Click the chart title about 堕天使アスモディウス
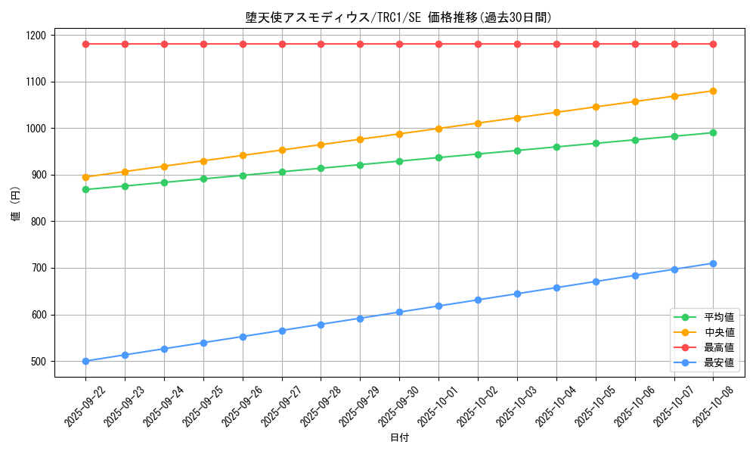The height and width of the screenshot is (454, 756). click(x=398, y=17)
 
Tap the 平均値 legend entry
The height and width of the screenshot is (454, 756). click(x=719, y=317)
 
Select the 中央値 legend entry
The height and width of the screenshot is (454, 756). click(x=719, y=332)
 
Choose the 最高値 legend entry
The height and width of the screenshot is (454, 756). click(x=719, y=347)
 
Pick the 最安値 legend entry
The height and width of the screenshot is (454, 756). click(x=719, y=362)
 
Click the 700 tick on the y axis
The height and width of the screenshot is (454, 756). click(x=37, y=268)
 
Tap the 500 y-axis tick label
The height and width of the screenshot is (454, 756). click(x=37, y=362)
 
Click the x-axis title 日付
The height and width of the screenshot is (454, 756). click(x=399, y=438)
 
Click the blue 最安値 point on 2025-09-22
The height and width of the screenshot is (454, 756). click(x=85, y=361)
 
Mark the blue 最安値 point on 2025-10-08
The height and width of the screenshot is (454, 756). click(x=713, y=263)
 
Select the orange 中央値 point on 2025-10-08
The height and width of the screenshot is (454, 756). click(x=713, y=91)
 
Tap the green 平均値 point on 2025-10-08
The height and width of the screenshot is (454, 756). click(x=713, y=133)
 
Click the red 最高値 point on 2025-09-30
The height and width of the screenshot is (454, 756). click(x=399, y=44)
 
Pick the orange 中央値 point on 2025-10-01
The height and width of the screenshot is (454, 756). click(x=438, y=129)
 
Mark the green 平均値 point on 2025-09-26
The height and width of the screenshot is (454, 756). click(x=243, y=176)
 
